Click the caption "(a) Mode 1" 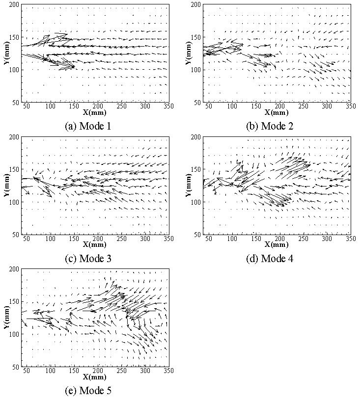tap(88, 126)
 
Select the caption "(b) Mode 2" tap(270, 126)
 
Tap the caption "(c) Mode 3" tap(88, 259)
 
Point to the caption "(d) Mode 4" tap(270, 259)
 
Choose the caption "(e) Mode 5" tap(88, 391)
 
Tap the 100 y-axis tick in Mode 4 tap(196, 202)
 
